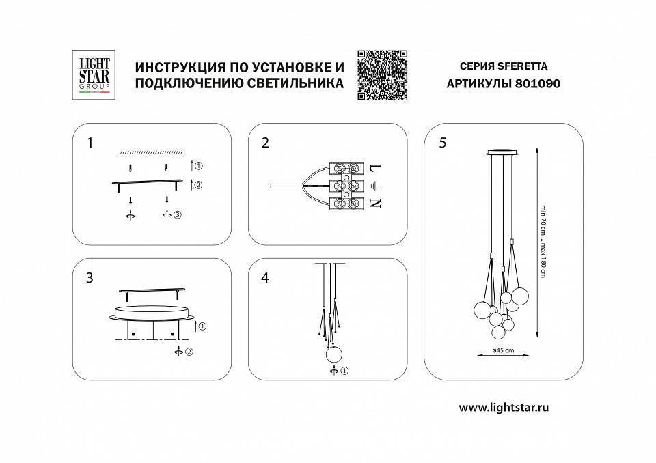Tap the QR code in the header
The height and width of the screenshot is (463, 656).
pos(382,74)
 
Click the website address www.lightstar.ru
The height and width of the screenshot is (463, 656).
pos(504,407)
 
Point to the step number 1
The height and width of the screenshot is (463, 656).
pos(90,143)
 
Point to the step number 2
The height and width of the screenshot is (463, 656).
pos(265,143)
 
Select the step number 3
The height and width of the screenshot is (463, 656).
pos(90,278)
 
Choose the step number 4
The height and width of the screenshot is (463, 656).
pos(265,278)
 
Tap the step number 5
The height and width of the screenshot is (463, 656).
pos(443,143)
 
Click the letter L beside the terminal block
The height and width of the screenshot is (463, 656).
pos(375,167)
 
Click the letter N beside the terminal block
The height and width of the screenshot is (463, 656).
pos(375,203)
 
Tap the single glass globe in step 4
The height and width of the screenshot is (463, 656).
pos(333,354)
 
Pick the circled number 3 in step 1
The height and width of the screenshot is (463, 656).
pos(177,216)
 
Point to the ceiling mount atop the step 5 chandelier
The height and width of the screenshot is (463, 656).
pos(504,151)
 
